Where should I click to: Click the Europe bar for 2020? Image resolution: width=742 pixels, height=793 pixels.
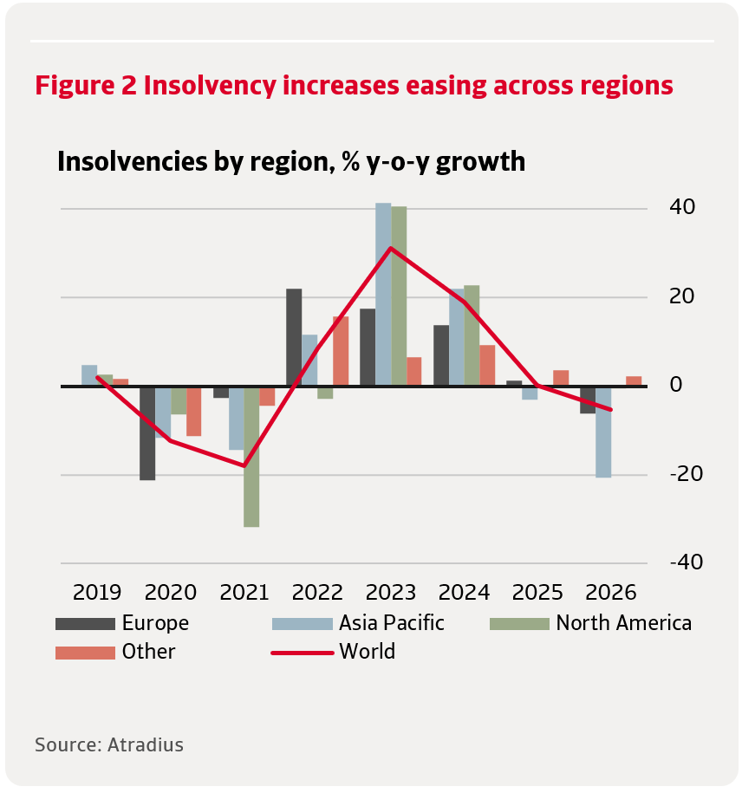pyautogui.click(x=147, y=432)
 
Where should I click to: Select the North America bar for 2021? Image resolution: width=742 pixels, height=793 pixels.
pyautogui.click(x=251, y=456)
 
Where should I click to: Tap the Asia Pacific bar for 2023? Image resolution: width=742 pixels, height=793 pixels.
pyautogui.click(x=383, y=295)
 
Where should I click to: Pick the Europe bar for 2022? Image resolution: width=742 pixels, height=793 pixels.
pyautogui.click(x=294, y=337)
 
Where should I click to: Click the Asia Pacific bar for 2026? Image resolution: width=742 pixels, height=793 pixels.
pyautogui.click(x=603, y=432)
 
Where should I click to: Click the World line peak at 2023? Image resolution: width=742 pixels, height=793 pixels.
pyautogui.click(x=391, y=249)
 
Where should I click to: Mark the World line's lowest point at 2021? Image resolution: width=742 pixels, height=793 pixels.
pyautogui.click(x=244, y=465)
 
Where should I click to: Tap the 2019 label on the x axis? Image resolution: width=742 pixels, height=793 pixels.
pyautogui.click(x=97, y=593)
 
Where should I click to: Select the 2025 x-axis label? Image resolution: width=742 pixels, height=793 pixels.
pyautogui.click(x=538, y=593)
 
